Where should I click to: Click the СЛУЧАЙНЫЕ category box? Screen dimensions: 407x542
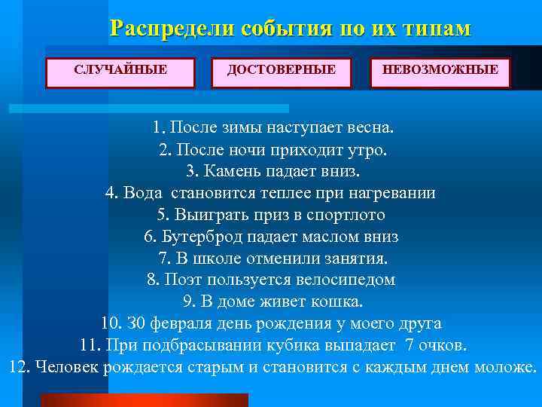(x=120, y=70)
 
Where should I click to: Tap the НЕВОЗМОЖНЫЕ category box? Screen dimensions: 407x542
(x=440, y=70)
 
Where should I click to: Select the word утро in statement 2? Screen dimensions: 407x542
(x=364, y=149)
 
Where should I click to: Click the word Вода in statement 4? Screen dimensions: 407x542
(x=141, y=193)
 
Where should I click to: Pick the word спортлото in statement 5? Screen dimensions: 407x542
(x=349, y=215)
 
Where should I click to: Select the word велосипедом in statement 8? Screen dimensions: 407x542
(x=349, y=280)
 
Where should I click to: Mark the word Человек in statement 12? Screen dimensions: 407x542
(x=69, y=368)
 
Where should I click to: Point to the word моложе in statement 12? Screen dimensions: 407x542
(x=504, y=368)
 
